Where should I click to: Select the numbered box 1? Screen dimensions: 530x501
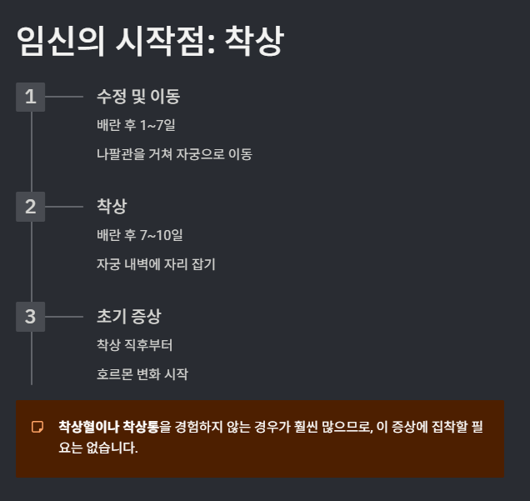[x=31, y=97]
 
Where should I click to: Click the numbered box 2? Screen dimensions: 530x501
[x=31, y=206]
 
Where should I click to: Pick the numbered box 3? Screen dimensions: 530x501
[x=31, y=317]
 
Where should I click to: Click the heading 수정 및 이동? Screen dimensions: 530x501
[x=138, y=97]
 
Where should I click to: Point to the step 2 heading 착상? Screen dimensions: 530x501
[x=112, y=206]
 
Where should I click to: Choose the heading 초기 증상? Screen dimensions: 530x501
[x=128, y=317]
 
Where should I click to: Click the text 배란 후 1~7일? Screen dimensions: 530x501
[x=136, y=126]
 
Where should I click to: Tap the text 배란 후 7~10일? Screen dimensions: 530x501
[x=139, y=235]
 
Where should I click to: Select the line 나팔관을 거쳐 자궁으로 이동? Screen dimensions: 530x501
[x=174, y=154]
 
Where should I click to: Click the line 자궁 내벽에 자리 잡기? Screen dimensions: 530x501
[x=156, y=264]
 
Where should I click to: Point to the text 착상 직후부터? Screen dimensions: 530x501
[x=134, y=345]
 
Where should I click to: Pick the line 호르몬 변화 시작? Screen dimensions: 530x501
[x=142, y=374]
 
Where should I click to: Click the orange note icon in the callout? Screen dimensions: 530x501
[x=37, y=428]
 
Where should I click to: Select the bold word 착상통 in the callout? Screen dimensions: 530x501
[x=141, y=427]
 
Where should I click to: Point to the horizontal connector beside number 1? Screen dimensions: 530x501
[x=64, y=97]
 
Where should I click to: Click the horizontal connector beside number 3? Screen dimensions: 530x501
[x=64, y=317]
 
